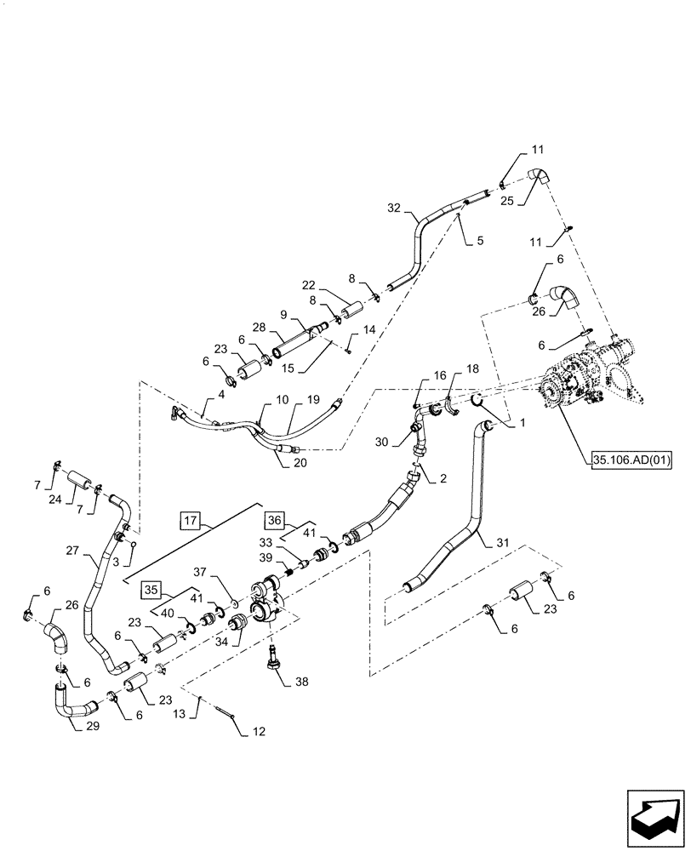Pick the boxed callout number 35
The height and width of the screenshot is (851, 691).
tap(150, 588)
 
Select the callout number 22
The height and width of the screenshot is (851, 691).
tap(309, 285)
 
